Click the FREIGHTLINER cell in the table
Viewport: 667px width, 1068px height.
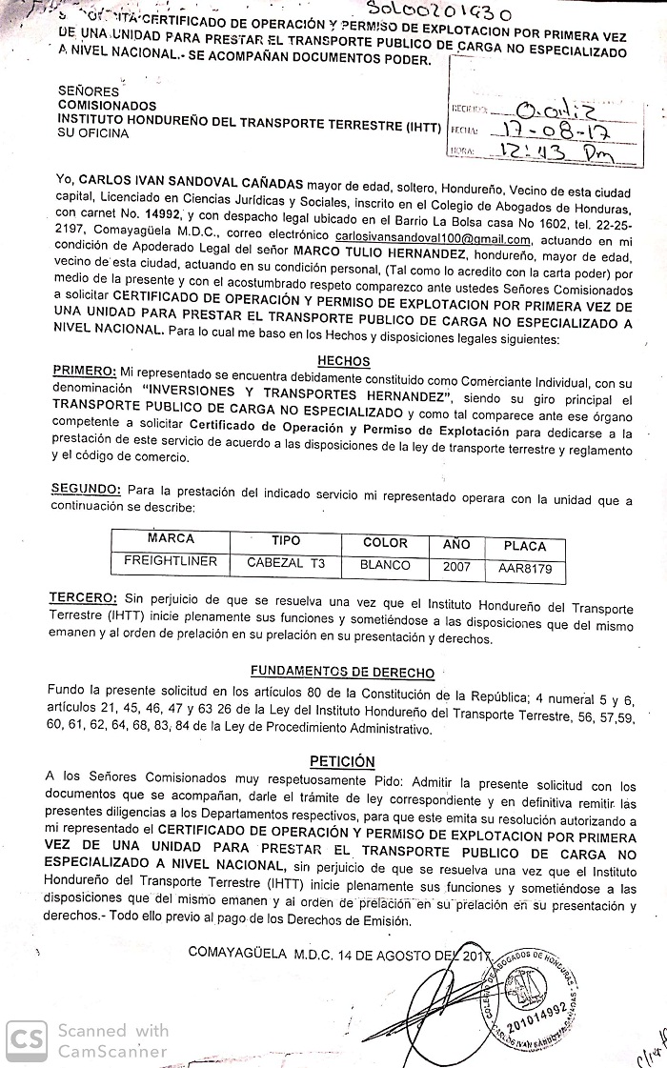[171, 562]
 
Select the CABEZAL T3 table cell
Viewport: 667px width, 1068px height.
[286, 564]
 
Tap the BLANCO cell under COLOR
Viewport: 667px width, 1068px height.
[385, 565]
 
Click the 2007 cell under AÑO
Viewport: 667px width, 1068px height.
[456, 567]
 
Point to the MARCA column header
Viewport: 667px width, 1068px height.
[171, 538]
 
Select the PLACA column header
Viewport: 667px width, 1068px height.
[525, 546]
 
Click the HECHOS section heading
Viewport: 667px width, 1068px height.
[343, 361]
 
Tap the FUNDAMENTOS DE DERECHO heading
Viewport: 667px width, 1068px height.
[342, 672]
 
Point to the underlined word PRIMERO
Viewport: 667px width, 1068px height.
[84, 371]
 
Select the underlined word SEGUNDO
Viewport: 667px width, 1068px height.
[86, 489]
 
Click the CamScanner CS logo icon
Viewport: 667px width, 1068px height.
[26, 1039]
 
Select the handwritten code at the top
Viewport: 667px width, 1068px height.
[437, 13]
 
